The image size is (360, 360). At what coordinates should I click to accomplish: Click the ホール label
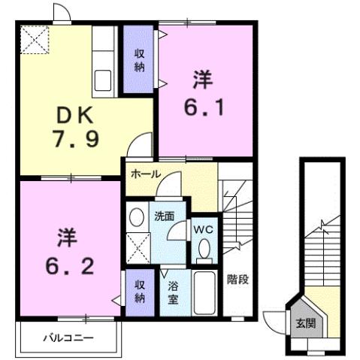pos(145,174)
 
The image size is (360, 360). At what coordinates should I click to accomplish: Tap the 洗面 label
pos(165,216)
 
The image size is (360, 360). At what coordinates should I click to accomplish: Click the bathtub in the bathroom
pos(203,294)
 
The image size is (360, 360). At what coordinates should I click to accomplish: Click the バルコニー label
pos(68,338)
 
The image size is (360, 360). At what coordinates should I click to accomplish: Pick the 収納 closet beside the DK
pos(139,59)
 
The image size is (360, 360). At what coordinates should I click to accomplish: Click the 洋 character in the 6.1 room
pos(201,78)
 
